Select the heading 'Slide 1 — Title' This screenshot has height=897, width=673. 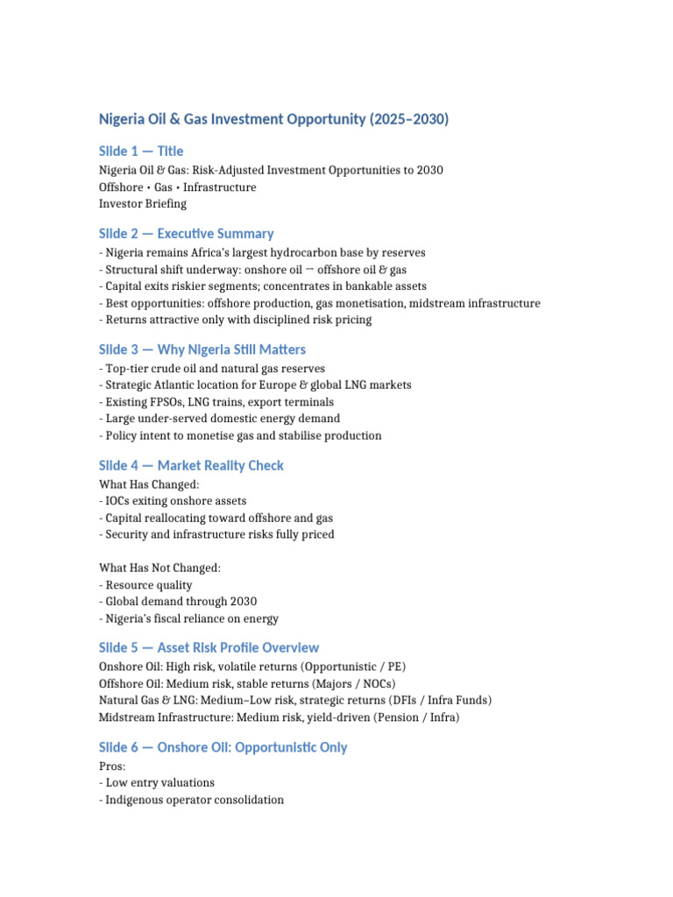click(x=141, y=152)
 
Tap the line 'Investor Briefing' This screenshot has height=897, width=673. click(x=143, y=204)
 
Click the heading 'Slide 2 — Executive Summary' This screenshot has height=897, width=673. click(x=186, y=234)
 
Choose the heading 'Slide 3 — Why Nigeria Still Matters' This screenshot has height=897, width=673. click(x=202, y=350)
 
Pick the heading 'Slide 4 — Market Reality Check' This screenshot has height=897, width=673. click(x=191, y=466)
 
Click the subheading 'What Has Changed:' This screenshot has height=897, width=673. click(x=149, y=484)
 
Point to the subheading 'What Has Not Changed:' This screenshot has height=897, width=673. click(x=160, y=569)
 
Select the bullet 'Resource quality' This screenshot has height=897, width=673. click(x=149, y=585)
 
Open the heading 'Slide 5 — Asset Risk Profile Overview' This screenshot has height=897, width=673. click(x=209, y=648)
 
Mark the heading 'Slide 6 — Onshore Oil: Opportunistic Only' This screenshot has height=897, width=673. click(x=223, y=748)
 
